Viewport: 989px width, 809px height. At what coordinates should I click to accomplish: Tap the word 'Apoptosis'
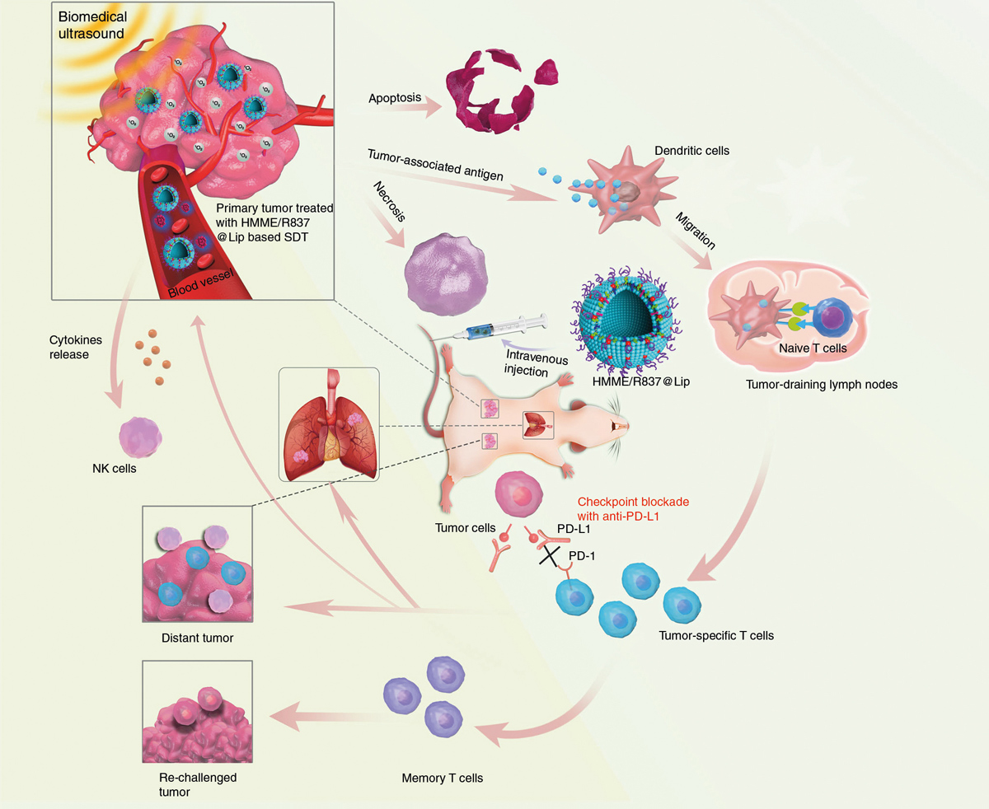(396, 97)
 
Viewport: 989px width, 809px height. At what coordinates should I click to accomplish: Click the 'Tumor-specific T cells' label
(716, 635)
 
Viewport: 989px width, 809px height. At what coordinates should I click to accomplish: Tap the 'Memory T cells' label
(443, 778)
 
